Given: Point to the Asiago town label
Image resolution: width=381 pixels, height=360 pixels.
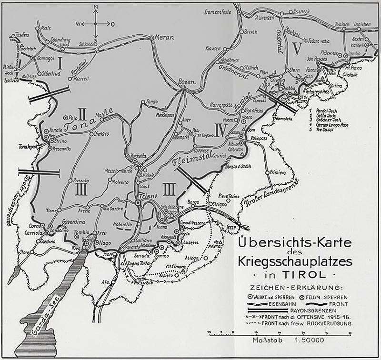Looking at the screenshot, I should click(x=191, y=258).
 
